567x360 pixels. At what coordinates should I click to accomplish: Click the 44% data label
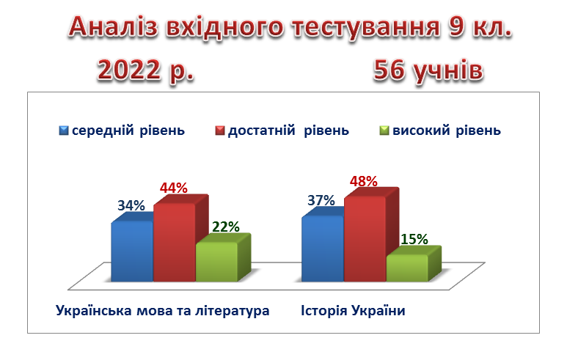click(x=174, y=188)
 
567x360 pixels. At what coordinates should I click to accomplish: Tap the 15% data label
click(x=414, y=239)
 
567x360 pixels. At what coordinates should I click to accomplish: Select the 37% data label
click(x=321, y=200)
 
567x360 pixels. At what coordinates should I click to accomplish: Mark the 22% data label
click(x=226, y=227)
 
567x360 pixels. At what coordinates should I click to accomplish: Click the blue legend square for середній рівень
click(x=64, y=131)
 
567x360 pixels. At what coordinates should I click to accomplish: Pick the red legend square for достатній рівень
click(x=220, y=131)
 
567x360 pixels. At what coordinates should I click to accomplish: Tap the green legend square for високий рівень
click(x=384, y=131)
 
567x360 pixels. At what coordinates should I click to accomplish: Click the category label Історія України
click(x=353, y=311)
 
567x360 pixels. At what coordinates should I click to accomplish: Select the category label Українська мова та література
click(x=162, y=311)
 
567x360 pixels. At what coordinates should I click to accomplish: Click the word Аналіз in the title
click(x=114, y=27)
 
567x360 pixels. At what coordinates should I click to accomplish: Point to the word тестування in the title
click(x=366, y=27)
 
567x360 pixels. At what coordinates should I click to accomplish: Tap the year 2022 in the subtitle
click(x=129, y=70)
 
